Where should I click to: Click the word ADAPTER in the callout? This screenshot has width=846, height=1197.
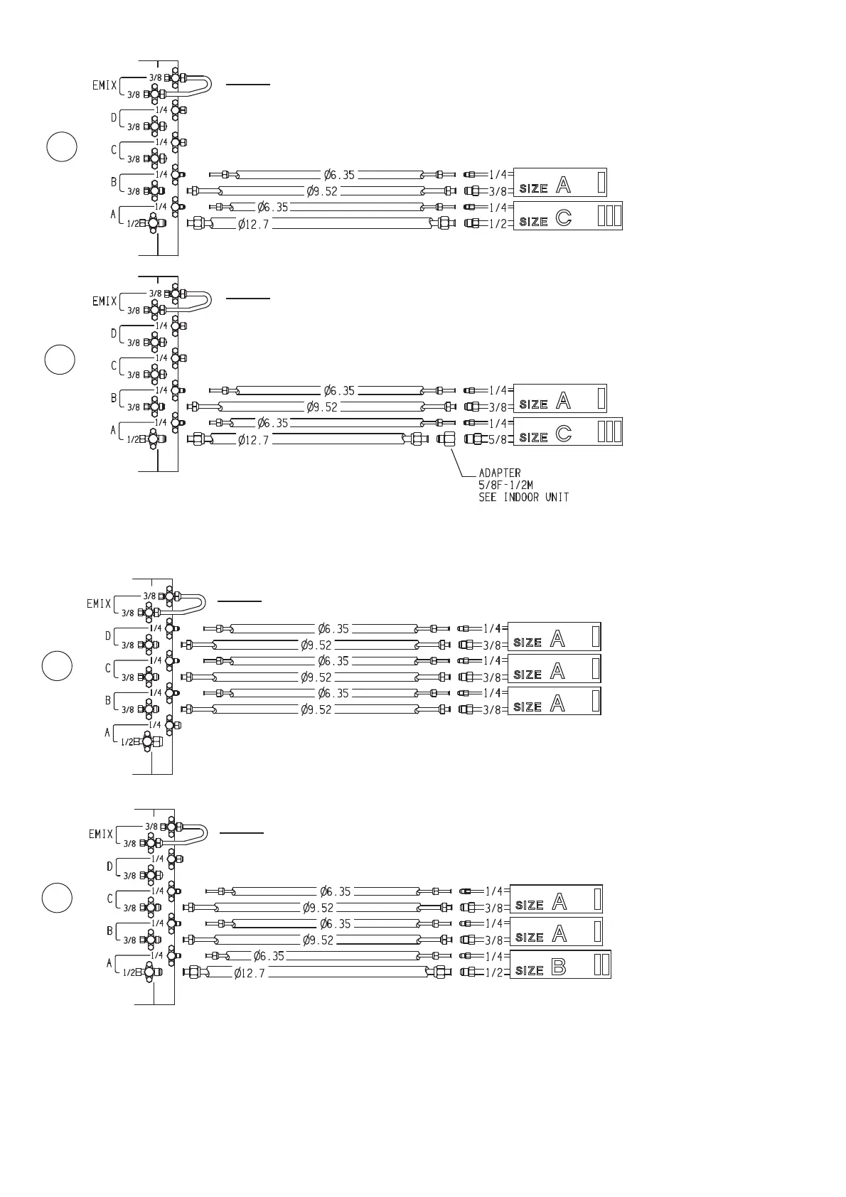tap(499, 473)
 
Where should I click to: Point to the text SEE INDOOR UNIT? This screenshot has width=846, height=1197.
tap(523, 497)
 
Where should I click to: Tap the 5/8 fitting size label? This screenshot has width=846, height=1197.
tap(498, 440)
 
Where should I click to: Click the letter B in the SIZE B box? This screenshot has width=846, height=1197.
tap(558, 968)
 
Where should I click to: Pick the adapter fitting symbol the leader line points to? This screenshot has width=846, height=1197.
tap(446, 439)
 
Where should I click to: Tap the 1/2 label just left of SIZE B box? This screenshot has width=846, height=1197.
tap(493, 972)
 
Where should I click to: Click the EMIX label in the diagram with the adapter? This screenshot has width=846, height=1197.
tap(105, 301)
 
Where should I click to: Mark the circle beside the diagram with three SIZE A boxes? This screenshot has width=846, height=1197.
tap(56, 666)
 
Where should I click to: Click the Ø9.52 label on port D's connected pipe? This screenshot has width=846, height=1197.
tap(316, 645)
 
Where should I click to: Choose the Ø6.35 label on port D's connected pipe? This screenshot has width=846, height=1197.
tap(333, 628)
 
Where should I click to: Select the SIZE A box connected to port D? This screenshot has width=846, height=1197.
tap(554, 636)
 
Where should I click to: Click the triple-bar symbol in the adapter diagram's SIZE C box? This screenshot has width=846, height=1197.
tap(609, 431)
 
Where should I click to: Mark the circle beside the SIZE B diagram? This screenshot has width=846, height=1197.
tap(56, 897)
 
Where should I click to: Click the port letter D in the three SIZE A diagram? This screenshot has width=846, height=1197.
tap(108, 635)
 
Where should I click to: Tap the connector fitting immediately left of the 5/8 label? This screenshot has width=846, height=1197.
tap(473, 439)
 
